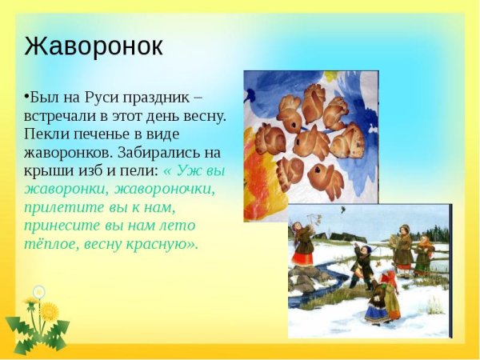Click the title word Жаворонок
click(x=94, y=46)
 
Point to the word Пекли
click(x=45, y=134)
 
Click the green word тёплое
click(x=49, y=244)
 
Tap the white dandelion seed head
click(x=39, y=292)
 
